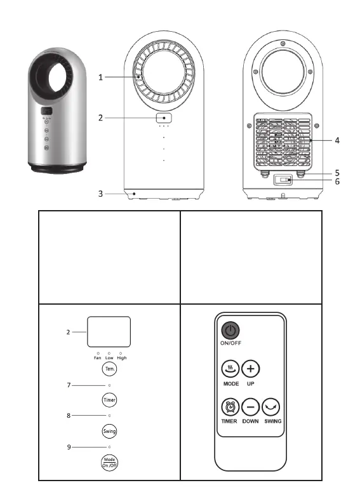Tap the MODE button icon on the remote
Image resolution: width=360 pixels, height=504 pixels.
(x=230, y=369)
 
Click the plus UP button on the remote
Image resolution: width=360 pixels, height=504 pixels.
(x=250, y=369)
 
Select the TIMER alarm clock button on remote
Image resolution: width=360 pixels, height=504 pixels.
(x=230, y=407)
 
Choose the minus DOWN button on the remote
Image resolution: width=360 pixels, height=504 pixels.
(x=250, y=407)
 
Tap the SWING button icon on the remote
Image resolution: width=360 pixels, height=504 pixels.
(x=271, y=407)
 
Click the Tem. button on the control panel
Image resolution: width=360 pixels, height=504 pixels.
(x=110, y=369)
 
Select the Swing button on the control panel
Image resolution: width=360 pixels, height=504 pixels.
(x=109, y=431)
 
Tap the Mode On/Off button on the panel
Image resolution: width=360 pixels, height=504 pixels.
(x=109, y=463)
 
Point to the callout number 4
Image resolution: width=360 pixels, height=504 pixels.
(x=337, y=140)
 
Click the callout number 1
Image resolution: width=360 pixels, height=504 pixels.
(x=100, y=77)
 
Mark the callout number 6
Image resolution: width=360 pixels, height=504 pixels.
(x=337, y=182)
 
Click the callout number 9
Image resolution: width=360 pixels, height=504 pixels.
(x=69, y=447)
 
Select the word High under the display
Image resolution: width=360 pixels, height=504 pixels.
(x=122, y=358)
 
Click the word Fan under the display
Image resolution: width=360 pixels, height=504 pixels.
(x=97, y=358)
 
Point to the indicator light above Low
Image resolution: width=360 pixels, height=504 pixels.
(x=109, y=354)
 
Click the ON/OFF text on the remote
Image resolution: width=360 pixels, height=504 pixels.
(x=230, y=343)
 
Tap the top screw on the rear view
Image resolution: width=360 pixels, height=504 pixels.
(x=283, y=43)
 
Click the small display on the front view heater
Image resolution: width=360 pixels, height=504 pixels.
(x=164, y=118)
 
